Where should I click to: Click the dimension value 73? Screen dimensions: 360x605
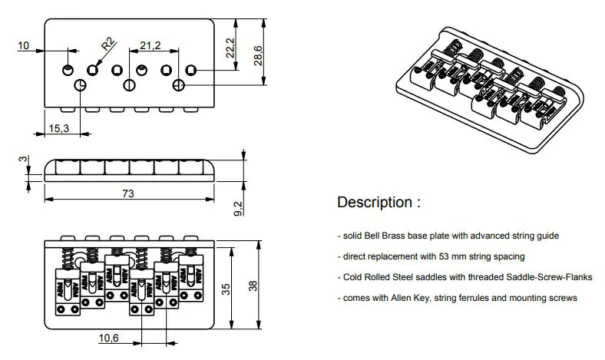[x=127, y=193]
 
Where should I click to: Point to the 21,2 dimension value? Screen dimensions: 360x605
[x=150, y=46]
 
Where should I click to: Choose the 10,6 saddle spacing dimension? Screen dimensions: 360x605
[x=111, y=338]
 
